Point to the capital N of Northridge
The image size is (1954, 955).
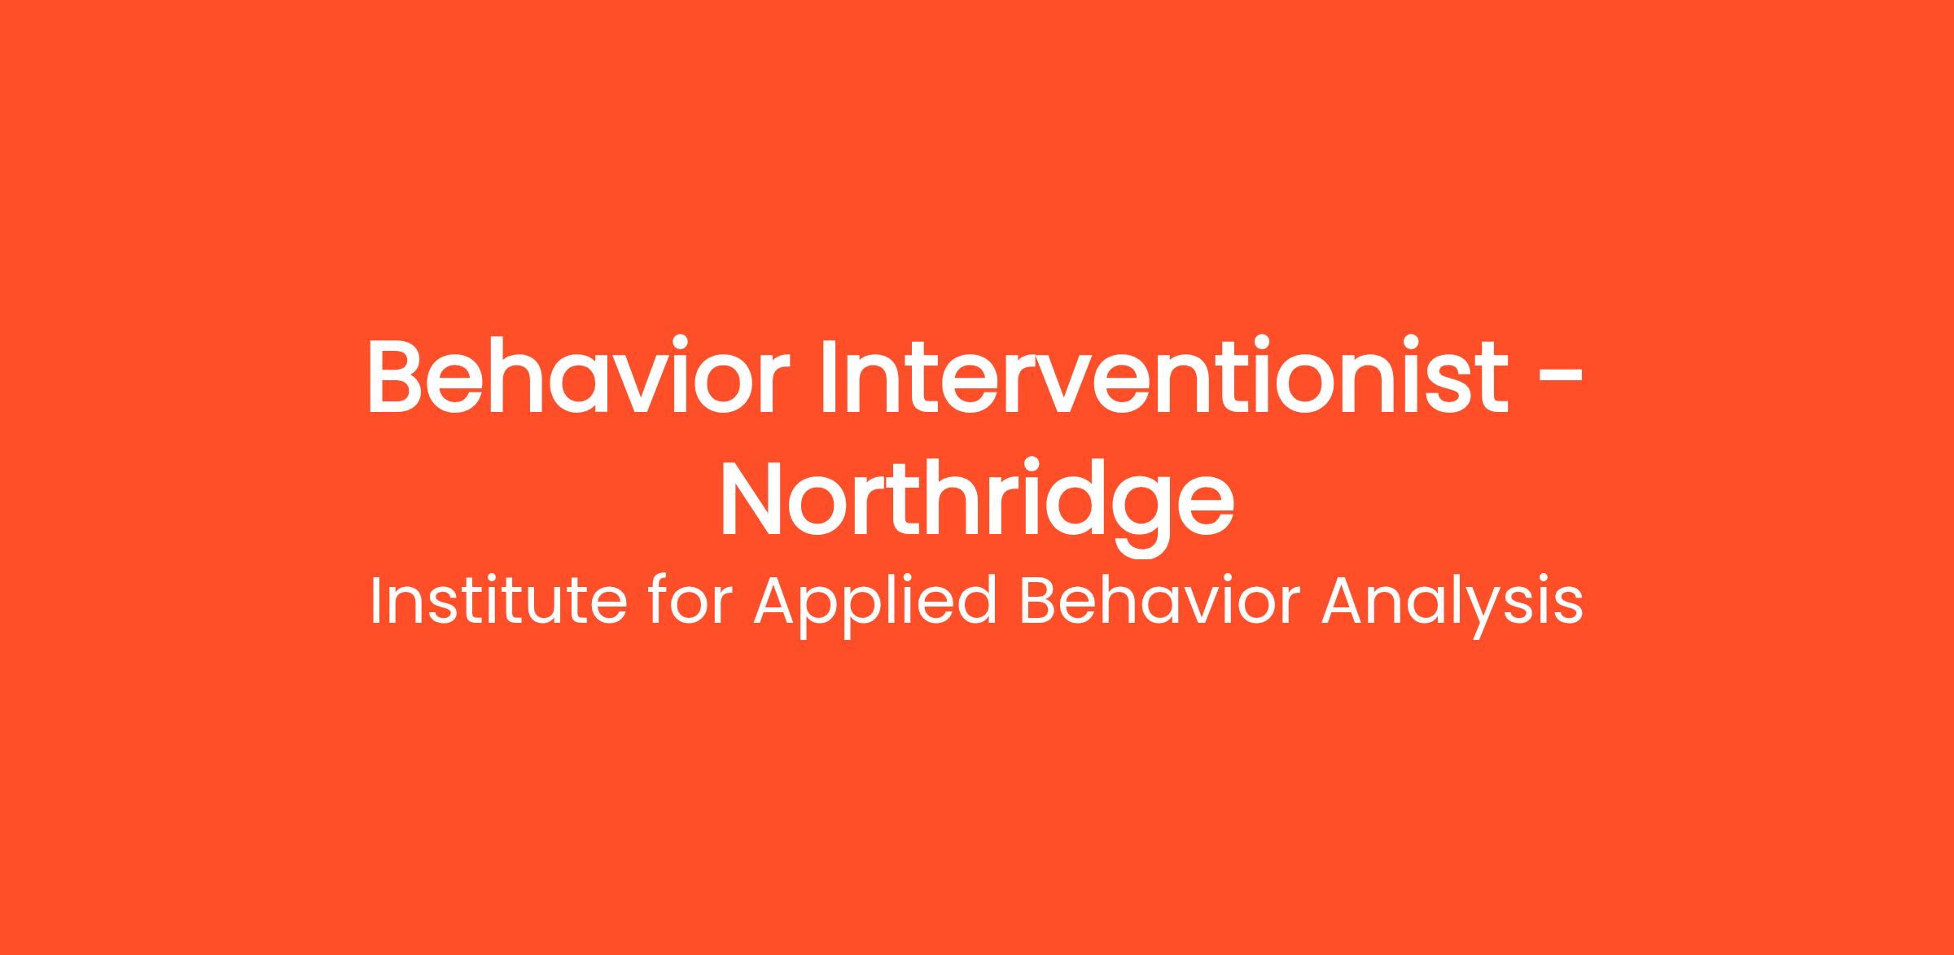752,496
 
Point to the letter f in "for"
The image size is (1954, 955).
660,601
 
